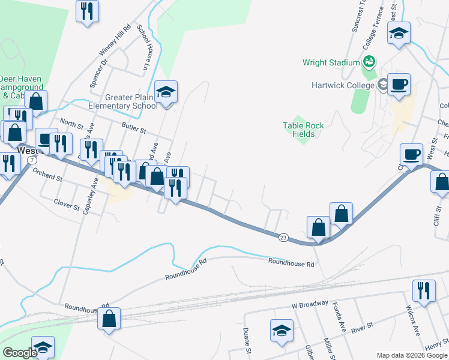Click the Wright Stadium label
(331, 62)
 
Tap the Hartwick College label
(343, 85)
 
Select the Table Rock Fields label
(303, 130)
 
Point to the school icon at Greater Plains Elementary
(166, 92)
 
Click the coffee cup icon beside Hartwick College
(399, 85)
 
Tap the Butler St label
(133, 128)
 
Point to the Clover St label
(67, 204)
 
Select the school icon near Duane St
(282, 331)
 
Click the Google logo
(20, 353)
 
